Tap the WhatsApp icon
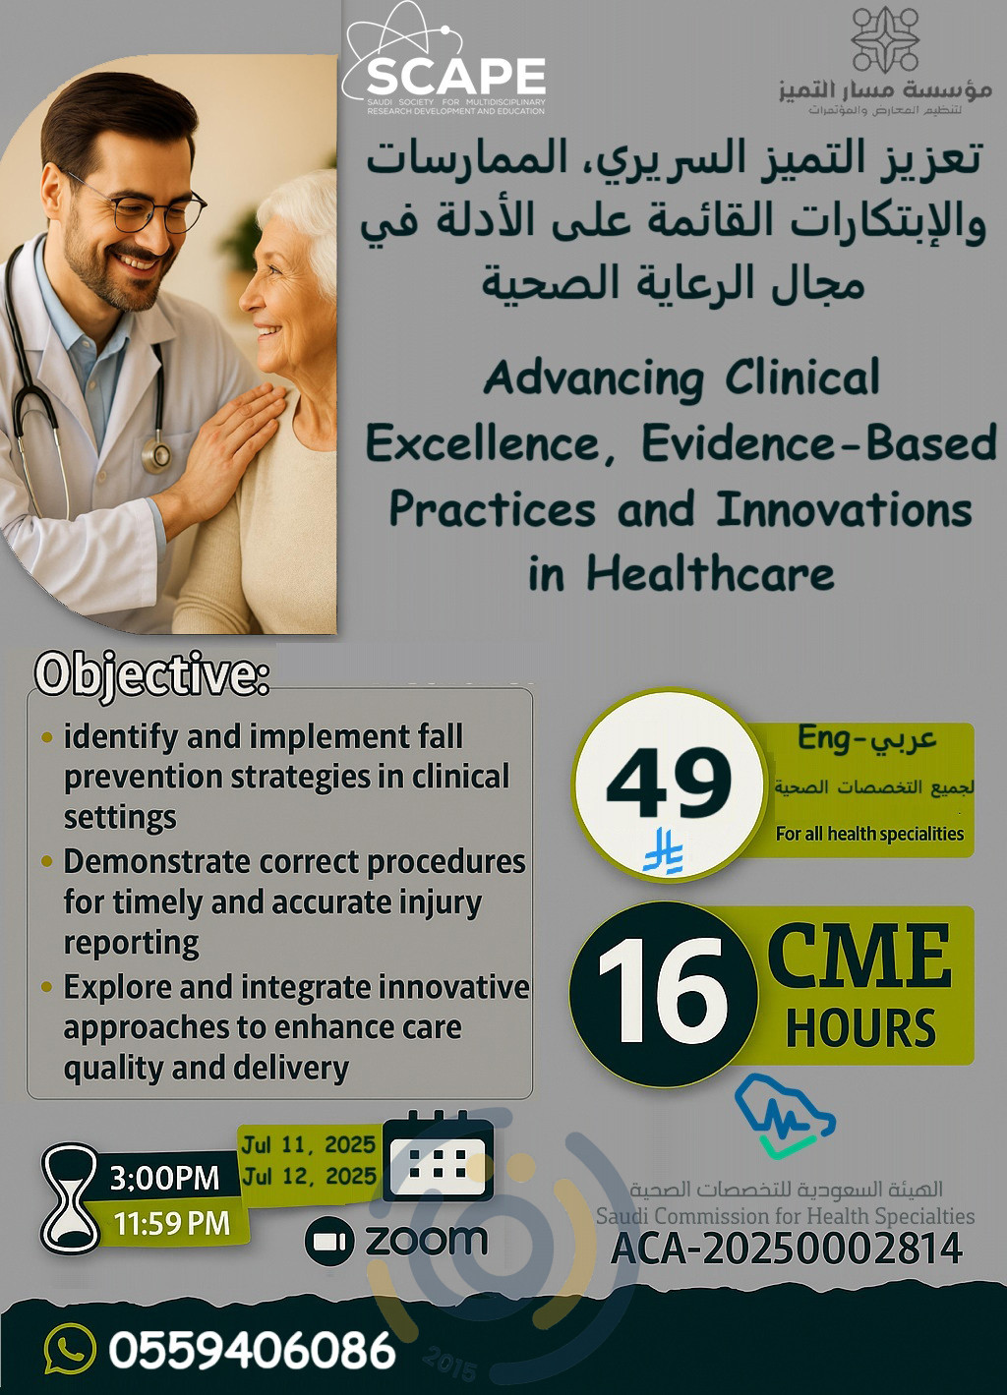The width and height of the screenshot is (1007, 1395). point(71,1350)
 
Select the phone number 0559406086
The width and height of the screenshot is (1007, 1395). point(253,1350)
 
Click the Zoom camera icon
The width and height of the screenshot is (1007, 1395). point(329,1241)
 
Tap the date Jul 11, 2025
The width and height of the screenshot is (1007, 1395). point(309,1144)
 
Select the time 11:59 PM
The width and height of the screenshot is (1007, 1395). point(172,1224)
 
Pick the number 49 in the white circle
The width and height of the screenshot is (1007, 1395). point(669,783)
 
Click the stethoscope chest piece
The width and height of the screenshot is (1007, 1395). point(155,454)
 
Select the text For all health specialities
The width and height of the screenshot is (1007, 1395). point(869,834)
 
